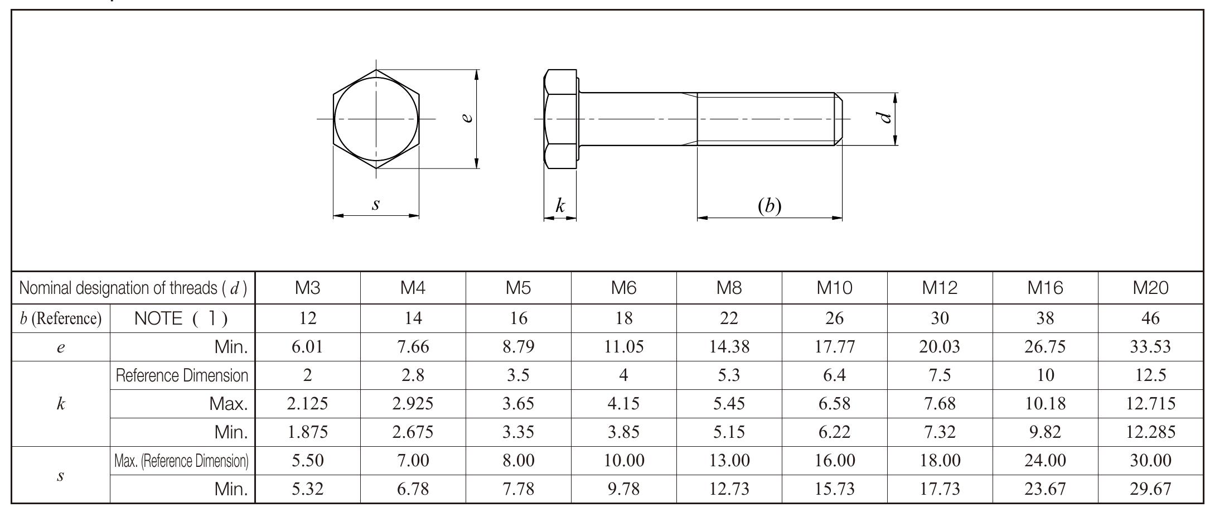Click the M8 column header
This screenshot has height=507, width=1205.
[729, 288]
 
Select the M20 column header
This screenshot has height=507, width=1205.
[1150, 288]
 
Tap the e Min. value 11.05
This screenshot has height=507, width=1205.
[623, 347]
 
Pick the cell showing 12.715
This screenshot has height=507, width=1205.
[1150, 403]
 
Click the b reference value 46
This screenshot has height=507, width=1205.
[1150, 318]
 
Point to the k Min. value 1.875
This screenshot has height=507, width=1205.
[307, 432]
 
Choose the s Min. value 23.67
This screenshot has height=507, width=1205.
[1045, 489]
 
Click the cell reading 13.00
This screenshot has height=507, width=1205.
[729, 461]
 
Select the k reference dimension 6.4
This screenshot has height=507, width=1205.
[834, 375]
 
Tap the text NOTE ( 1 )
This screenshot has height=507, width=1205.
[181, 318]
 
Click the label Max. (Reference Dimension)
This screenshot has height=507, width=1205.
[181, 461]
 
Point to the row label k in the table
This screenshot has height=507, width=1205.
[60, 404]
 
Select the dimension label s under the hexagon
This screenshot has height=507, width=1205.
[376, 204]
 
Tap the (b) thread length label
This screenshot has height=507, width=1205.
[770, 206]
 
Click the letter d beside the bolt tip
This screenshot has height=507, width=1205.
[883, 118]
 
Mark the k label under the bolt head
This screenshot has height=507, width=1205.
[560, 206]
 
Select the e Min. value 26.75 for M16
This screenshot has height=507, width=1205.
[1045, 347]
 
